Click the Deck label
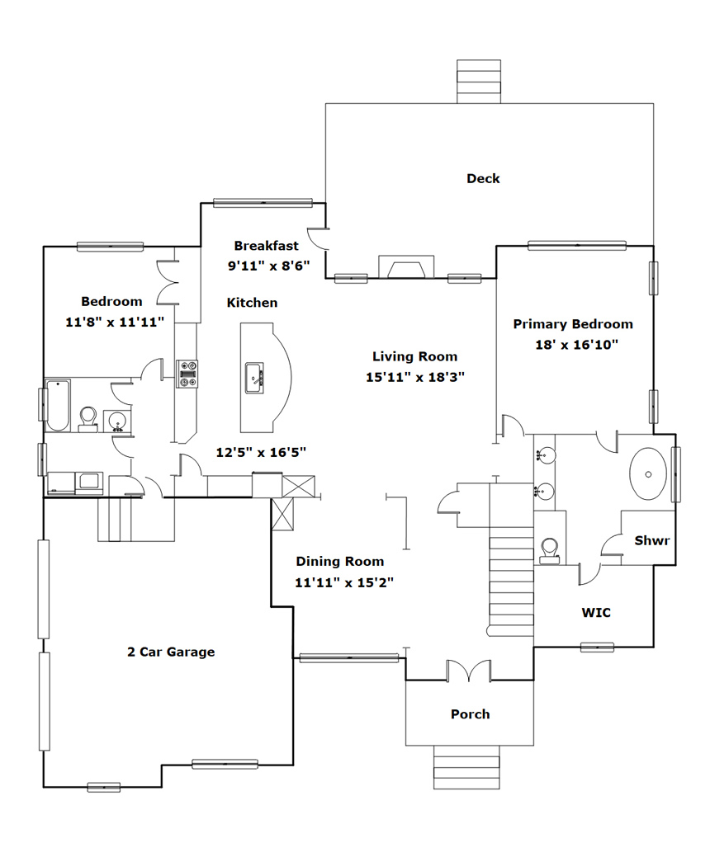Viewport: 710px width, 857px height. (x=483, y=178)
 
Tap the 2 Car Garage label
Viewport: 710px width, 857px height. (x=171, y=652)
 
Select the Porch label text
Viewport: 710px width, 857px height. (x=470, y=714)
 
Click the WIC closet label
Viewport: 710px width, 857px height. (x=596, y=613)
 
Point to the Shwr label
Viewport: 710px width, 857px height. (x=651, y=541)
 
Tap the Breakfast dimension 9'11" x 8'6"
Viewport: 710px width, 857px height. (x=263, y=266)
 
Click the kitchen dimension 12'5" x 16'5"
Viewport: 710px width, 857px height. (x=261, y=451)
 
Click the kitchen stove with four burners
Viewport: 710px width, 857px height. (x=187, y=373)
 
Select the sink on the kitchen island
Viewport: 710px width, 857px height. (x=254, y=379)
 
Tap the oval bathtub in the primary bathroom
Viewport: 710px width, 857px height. (x=650, y=473)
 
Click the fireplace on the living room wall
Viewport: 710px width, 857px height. (x=405, y=267)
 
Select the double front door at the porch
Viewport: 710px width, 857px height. (x=469, y=671)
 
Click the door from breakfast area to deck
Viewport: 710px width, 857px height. (x=319, y=239)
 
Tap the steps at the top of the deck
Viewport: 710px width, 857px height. (x=479, y=81)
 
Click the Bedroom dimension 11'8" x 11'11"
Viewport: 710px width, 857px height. (x=116, y=322)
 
